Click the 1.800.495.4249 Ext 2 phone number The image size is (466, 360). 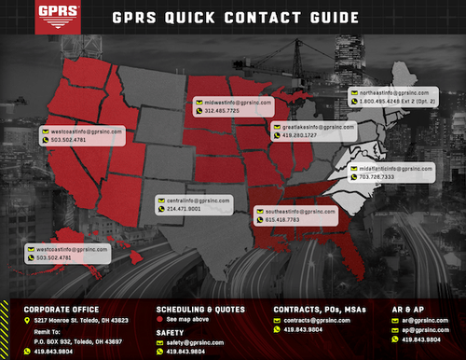click(x=400, y=103)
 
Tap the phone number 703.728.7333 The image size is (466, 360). click(x=376, y=177)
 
